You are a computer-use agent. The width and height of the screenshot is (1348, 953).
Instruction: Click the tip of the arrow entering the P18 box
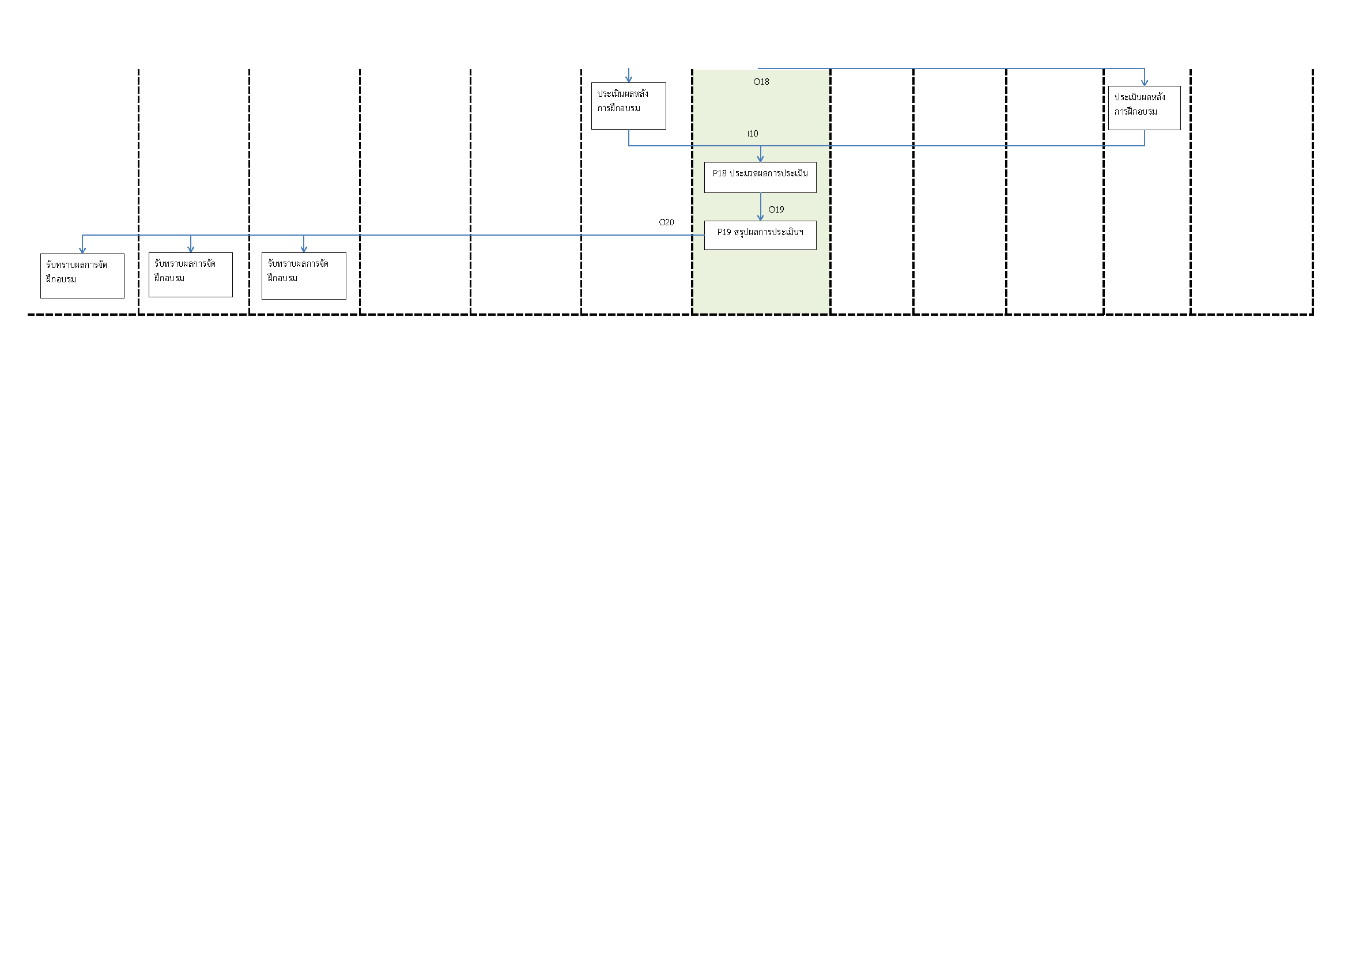(760, 162)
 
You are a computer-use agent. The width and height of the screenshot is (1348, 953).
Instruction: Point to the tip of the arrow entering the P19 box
(760, 221)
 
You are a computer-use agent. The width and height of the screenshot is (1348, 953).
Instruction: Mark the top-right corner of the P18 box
(816, 162)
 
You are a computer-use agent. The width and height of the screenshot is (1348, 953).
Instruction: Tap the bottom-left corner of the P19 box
(704, 249)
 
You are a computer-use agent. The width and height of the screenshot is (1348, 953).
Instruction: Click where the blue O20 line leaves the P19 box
(704, 235)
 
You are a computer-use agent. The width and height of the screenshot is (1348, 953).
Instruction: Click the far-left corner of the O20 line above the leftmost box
(82, 235)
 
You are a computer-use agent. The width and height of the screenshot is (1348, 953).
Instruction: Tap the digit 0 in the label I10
(756, 134)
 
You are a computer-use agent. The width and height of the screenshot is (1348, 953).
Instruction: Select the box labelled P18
(760, 177)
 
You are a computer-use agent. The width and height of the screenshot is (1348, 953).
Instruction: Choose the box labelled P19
(760, 235)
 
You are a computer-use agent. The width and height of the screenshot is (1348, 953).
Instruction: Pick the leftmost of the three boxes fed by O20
(82, 276)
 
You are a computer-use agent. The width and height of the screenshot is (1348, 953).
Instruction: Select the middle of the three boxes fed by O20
(191, 275)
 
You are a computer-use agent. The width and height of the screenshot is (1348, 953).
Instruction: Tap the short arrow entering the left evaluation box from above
(629, 75)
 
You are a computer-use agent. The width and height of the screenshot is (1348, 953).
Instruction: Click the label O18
(761, 82)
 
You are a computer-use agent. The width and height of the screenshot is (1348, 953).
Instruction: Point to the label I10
(753, 134)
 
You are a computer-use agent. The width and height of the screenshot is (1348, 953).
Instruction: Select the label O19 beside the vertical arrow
(776, 210)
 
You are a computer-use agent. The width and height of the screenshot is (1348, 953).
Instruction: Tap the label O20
(666, 222)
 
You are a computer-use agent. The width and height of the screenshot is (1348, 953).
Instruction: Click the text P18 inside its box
(720, 173)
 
